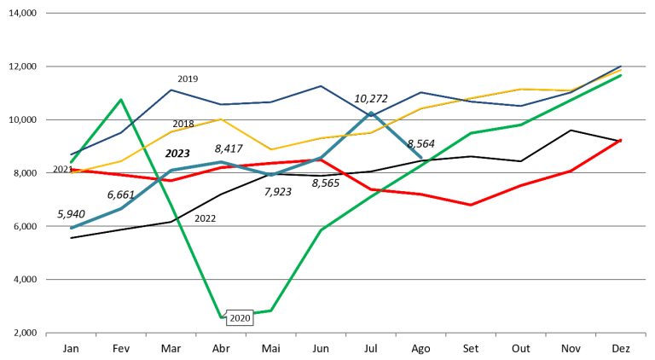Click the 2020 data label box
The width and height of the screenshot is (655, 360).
pyautogui.click(x=240, y=318)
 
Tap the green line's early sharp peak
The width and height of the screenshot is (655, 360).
pyautogui.click(x=121, y=99)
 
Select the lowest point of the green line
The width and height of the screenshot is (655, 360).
pyautogui.click(x=221, y=316)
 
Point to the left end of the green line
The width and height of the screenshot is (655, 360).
pyautogui.click(x=71, y=162)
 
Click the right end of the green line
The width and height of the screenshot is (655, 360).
pyautogui.click(x=621, y=75)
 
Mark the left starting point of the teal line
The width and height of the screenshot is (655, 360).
pyautogui.click(x=71, y=228)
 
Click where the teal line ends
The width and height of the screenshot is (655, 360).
pyautogui.click(x=421, y=158)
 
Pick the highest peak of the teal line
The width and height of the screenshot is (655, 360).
pyautogui.click(x=371, y=113)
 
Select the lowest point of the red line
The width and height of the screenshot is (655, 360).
pyautogui.click(x=471, y=205)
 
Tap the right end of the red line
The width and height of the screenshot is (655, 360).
pyautogui.click(x=621, y=139)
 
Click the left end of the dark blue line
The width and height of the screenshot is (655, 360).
pyautogui.click(x=71, y=154)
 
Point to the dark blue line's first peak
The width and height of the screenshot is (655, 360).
pyautogui.click(x=171, y=90)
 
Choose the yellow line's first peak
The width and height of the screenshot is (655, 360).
pyautogui.click(x=221, y=119)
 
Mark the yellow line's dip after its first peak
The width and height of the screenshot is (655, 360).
pyautogui.click(x=271, y=150)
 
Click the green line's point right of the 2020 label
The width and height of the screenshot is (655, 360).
pyautogui.click(x=271, y=311)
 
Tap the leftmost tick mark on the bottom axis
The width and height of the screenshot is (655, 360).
pyautogui.click(x=46, y=334)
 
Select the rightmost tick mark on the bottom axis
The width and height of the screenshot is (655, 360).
pyautogui.click(x=646, y=334)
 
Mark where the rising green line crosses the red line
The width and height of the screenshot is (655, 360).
pyautogui.click(x=380, y=190)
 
